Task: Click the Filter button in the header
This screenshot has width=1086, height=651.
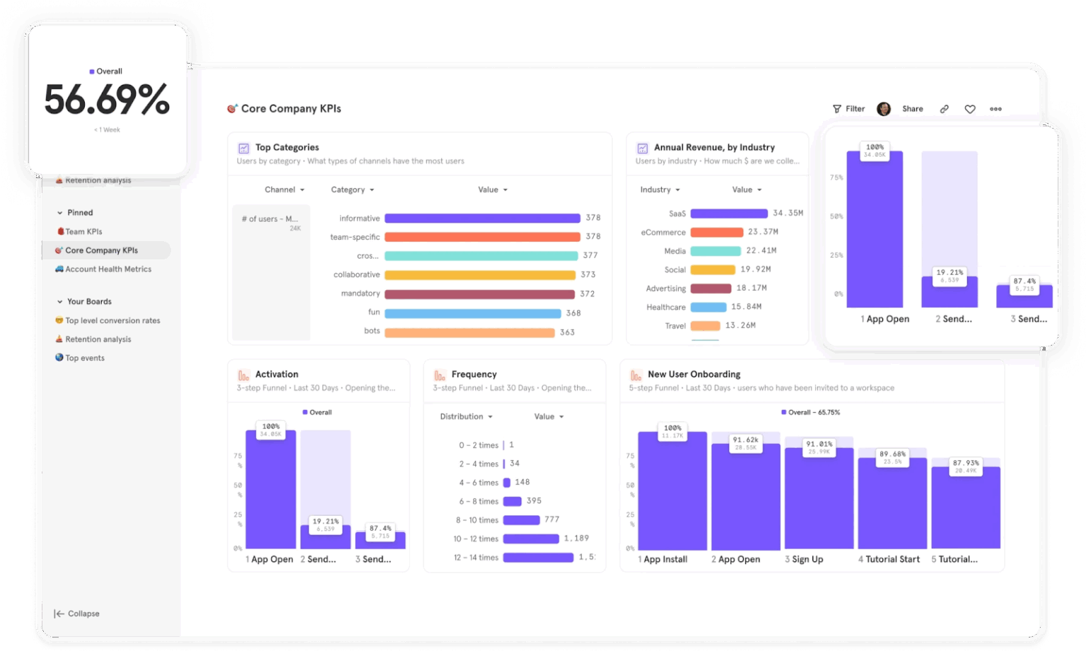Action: coord(848,109)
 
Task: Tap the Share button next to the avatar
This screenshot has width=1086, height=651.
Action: coord(912,109)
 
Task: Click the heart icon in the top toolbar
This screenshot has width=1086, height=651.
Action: coord(970,109)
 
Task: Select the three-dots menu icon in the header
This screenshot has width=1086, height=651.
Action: coord(995,109)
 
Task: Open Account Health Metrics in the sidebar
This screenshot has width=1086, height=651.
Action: coord(107,269)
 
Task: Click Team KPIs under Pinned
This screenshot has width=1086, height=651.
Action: coord(83,232)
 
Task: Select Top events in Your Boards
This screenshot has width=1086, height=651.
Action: coord(84,358)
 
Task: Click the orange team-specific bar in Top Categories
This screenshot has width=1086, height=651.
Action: coord(482,237)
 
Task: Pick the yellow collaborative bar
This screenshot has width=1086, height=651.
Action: coord(479,275)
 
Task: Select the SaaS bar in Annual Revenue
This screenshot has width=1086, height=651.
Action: coord(728,213)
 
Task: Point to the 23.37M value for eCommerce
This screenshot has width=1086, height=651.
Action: coord(763,232)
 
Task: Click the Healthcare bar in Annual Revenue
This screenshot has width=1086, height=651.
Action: coord(708,307)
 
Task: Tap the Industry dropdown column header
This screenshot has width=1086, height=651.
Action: coord(660,189)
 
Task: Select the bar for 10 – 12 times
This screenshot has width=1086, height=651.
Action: coord(530,539)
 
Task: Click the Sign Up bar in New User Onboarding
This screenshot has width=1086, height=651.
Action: coord(819,498)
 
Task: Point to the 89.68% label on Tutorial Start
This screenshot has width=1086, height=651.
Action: coord(892,454)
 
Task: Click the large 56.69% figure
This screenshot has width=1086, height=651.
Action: coord(107,100)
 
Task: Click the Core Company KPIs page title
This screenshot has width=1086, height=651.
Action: coord(291,109)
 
